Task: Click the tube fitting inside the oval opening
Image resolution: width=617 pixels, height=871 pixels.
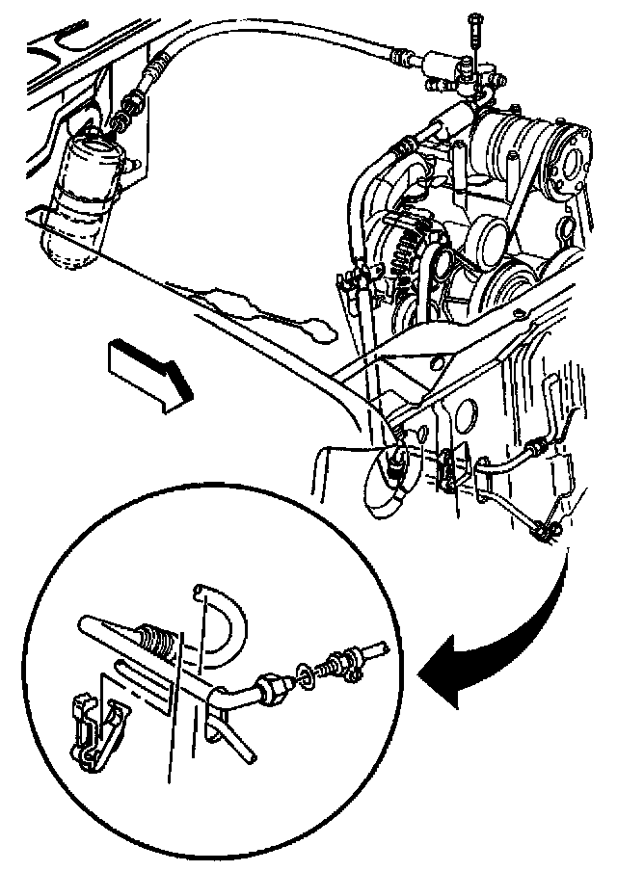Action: (394, 462)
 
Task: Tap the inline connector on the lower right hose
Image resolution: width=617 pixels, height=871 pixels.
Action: (533, 447)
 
